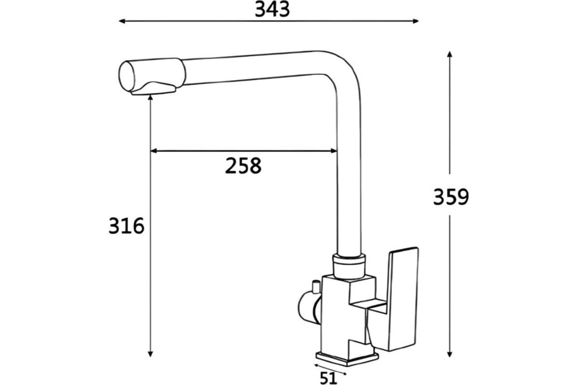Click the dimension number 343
[273, 10]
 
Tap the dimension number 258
[243, 166]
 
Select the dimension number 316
[126, 226]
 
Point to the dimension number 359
[451, 197]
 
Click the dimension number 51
[328, 378]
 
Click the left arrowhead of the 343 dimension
[122, 21]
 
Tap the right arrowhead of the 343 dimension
[415, 21]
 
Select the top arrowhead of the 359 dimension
[449, 54]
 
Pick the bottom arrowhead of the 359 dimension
[449, 354]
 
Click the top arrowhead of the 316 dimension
[150, 98]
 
